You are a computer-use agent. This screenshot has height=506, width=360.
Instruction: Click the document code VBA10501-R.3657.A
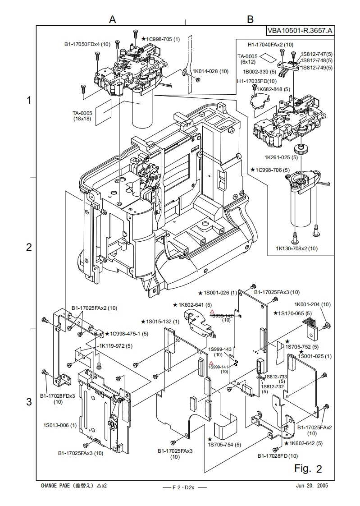(x=300, y=31)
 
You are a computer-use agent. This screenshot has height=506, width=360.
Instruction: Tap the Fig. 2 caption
(x=308, y=469)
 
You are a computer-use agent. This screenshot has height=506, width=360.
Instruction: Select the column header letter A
(x=113, y=19)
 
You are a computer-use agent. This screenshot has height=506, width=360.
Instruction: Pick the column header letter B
(x=251, y=19)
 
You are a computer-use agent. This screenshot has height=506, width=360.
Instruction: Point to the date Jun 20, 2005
(x=312, y=486)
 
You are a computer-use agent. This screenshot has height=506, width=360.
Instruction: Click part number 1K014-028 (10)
(x=210, y=71)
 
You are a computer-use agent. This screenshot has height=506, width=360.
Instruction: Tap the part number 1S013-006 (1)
(x=60, y=425)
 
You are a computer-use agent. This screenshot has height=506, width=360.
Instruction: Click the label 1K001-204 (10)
(x=312, y=304)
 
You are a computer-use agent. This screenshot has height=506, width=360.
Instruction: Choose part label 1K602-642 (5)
(x=306, y=443)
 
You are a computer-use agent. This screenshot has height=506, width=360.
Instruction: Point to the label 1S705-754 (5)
(x=224, y=445)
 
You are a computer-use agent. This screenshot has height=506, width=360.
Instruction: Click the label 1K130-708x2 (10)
(x=296, y=248)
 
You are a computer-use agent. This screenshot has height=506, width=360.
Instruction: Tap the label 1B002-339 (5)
(x=260, y=72)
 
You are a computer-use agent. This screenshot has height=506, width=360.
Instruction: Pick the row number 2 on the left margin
(x=29, y=247)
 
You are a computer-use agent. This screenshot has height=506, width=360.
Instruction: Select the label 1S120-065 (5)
(x=296, y=313)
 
